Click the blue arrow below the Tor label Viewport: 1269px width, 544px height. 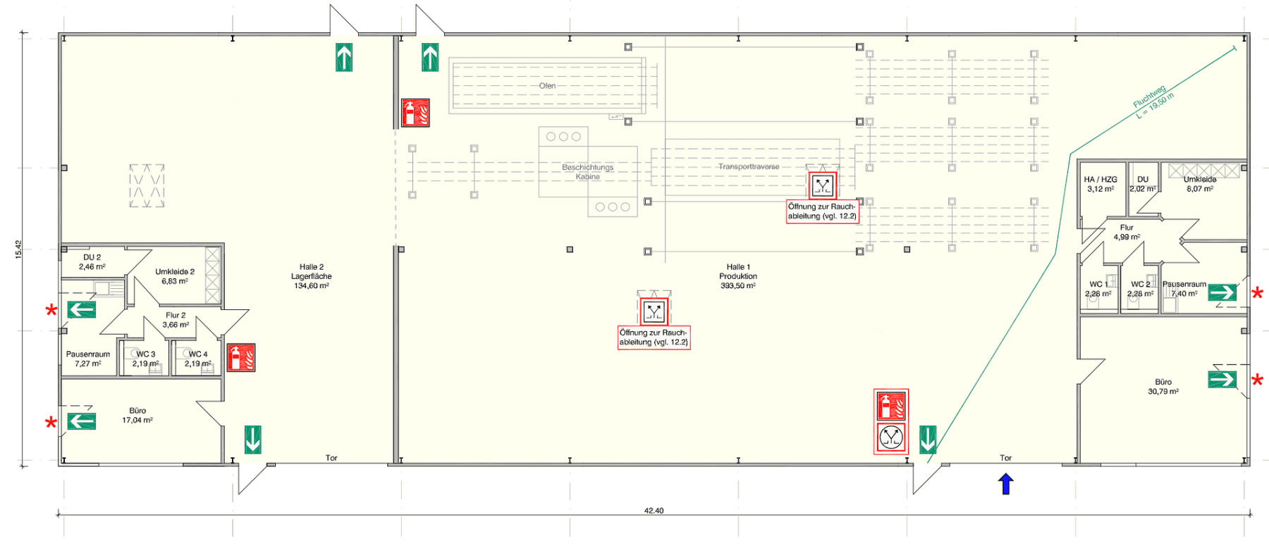point(1006,484)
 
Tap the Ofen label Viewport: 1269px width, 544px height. point(547,86)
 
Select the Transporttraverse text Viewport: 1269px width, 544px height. point(749,167)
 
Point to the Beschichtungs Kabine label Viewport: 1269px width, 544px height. point(587,172)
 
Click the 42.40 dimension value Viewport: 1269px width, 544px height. point(654,511)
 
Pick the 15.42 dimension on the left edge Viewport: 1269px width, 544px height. point(19,249)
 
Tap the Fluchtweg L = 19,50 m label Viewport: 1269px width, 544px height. point(1153,102)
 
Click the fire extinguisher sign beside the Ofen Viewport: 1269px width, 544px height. point(415,113)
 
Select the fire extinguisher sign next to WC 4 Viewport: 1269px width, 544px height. point(241,358)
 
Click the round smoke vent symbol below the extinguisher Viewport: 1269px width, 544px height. point(891,438)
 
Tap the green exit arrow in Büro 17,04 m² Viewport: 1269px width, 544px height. point(82,421)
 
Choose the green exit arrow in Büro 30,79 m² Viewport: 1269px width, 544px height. point(1222,379)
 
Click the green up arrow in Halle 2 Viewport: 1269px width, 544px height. point(344,57)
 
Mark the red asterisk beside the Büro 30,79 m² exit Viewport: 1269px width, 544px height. point(1257,381)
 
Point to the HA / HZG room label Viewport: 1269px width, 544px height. point(1101,184)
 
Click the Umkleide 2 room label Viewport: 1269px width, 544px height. point(175,276)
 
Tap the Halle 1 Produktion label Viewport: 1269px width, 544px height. point(738,276)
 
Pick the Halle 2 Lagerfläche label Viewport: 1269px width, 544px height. point(312,276)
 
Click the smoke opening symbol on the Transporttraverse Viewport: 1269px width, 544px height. point(823,186)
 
